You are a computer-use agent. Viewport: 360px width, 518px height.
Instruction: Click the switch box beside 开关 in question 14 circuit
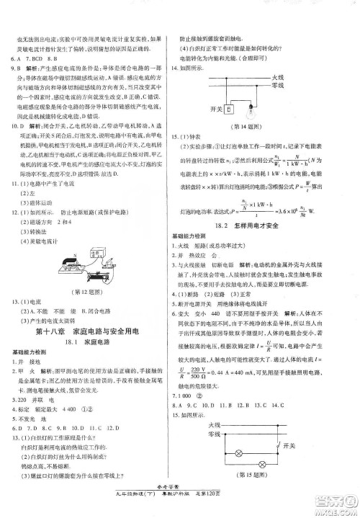pos(229,110)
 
